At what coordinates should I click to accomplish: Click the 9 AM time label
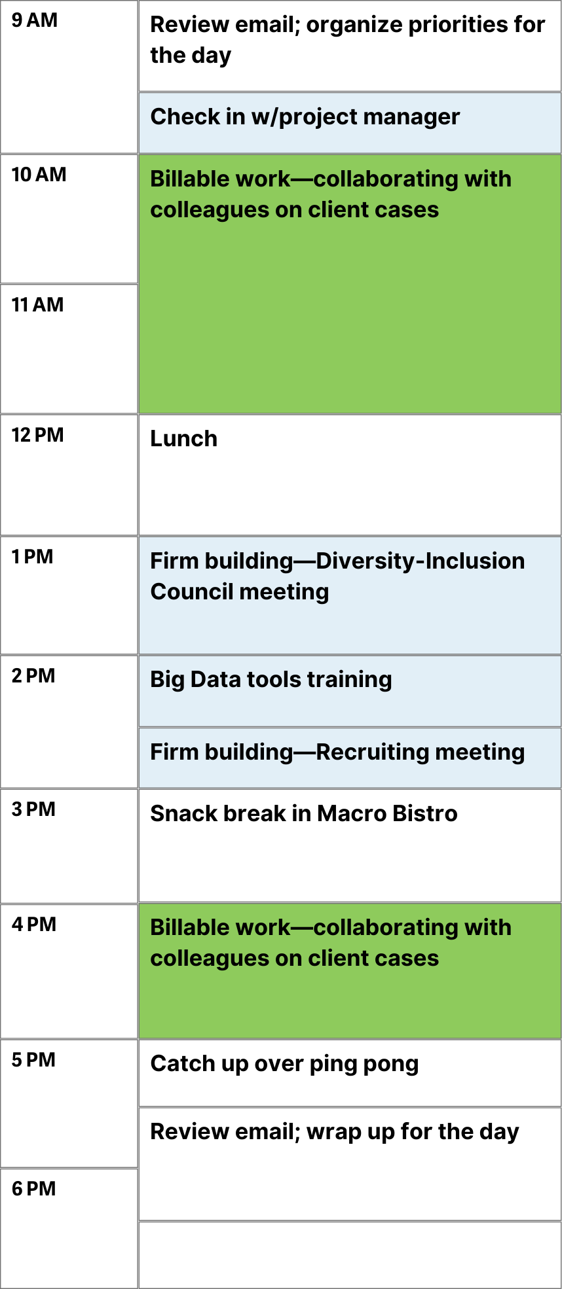35,20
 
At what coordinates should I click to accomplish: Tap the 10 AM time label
39,175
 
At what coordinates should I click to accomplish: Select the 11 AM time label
37,305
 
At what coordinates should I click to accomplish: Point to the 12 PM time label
37,435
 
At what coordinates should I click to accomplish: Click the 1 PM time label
32,557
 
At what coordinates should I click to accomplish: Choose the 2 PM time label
33,676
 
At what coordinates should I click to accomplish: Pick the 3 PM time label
33,809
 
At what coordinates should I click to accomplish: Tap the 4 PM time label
34,925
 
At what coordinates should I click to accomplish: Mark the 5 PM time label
33,1060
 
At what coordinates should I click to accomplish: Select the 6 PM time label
34,1189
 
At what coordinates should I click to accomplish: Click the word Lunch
183,438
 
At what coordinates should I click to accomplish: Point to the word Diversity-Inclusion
421,561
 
